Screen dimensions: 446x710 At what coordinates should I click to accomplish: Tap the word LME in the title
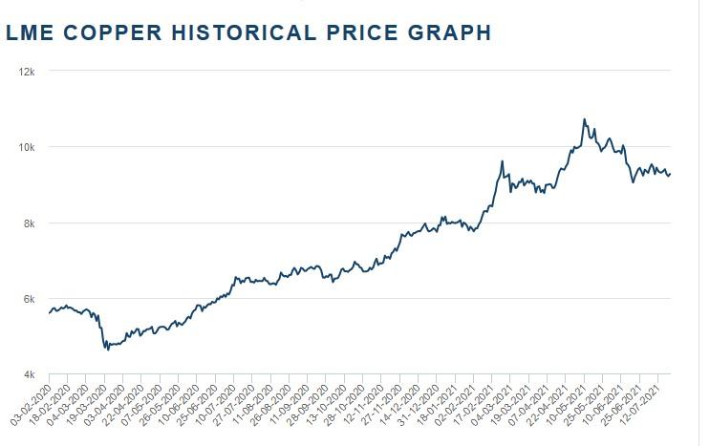(x=27, y=33)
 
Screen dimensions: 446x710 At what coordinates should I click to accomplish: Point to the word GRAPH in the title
(x=447, y=33)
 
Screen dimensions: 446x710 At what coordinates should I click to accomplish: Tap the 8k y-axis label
(x=29, y=223)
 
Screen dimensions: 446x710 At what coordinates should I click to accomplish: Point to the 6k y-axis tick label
(x=29, y=299)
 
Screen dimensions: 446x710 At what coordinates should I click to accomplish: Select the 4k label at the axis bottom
(x=29, y=374)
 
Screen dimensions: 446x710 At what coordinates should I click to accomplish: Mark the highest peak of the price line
(x=584, y=119)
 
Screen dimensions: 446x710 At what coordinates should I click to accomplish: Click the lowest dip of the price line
(x=108, y=350)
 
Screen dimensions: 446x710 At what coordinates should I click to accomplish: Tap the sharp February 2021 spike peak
(x=503, y=161)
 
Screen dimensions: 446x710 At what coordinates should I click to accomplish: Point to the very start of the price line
(x=49, y=312)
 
